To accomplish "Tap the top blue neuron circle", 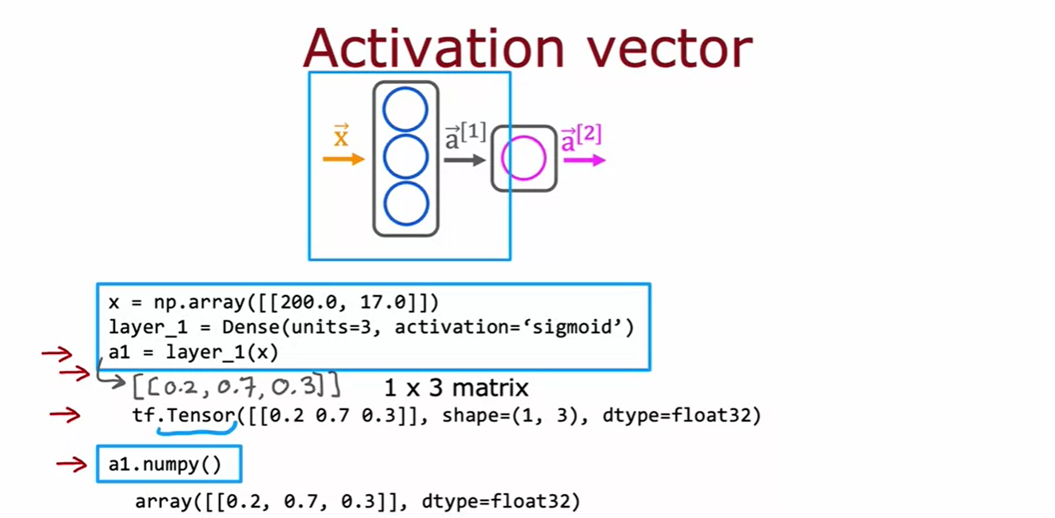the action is coord(406,110).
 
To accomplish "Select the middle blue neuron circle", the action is coord(406,157).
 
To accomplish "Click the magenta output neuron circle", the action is coord(524,158).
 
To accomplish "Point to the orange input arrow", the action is coord(343,160).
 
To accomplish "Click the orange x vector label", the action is coord(341,137).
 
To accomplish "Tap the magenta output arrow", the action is coord(584,160).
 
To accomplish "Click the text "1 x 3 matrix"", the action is coord(456,388).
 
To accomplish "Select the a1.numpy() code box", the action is coord(169,464).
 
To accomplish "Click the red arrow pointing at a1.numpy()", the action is coord(71,464).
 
